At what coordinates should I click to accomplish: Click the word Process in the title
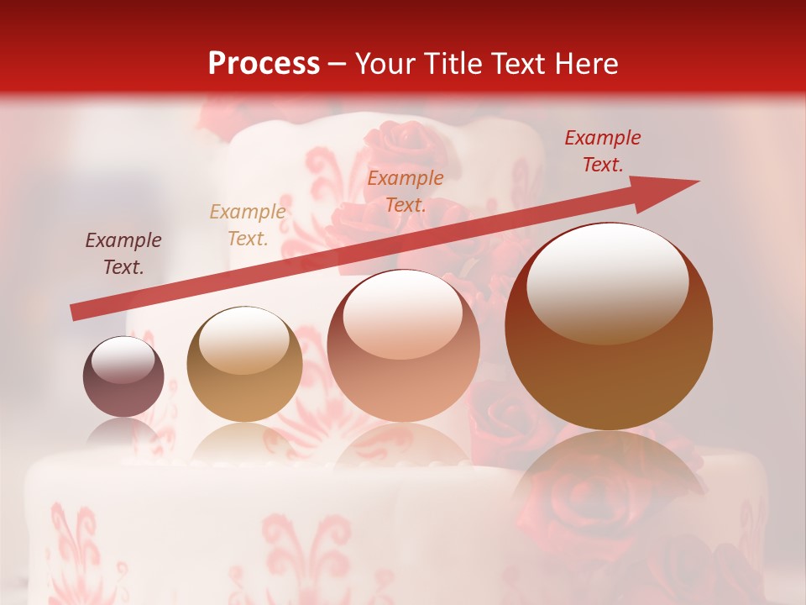pos(264,64)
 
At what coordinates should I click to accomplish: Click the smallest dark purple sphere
pos(123,377)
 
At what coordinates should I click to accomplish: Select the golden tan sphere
pos(244,365)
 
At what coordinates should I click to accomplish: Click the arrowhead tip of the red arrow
pos(697,181)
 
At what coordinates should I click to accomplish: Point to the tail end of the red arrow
pos(74,313)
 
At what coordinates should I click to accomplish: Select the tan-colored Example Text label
pos(247,225)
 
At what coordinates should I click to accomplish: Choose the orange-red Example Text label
pos(406,191)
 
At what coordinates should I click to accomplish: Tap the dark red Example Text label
pos(602,151)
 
